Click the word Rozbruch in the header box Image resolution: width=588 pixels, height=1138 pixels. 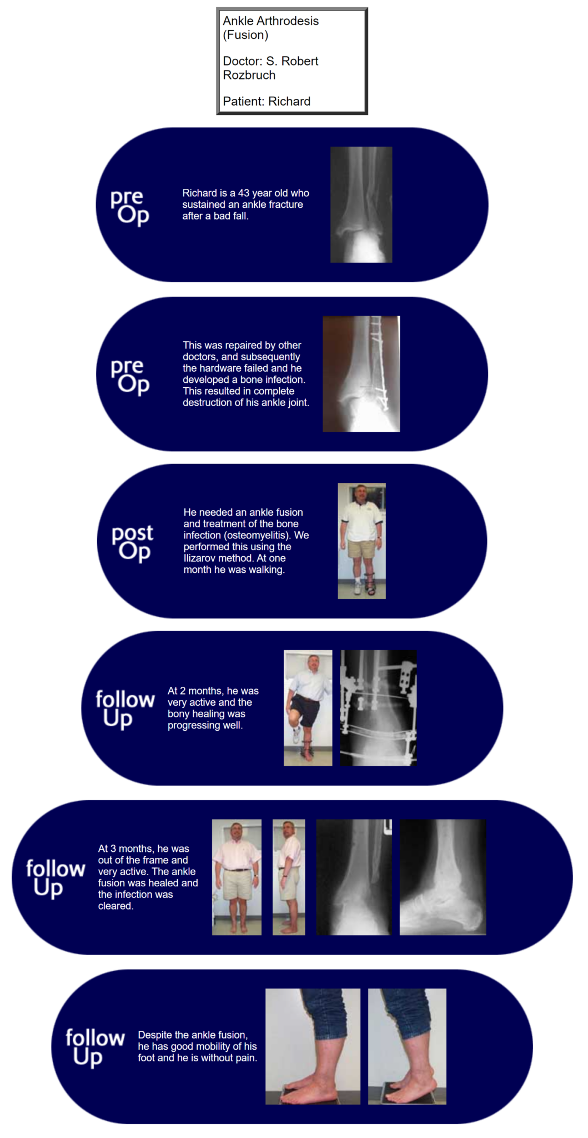tap(249, 75)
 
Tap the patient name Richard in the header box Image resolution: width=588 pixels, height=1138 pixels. tap(289, 101)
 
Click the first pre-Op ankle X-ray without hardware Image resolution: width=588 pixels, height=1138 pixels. tap(361, 204)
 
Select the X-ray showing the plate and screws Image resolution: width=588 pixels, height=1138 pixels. tap(361, 373)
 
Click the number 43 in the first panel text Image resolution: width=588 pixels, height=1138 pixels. tap(244, 193)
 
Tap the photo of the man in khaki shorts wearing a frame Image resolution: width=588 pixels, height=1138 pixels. tap(361, 541)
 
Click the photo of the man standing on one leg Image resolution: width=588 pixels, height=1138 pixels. tap(308, 708)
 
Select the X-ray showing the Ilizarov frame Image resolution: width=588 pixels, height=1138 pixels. tap(378, 708)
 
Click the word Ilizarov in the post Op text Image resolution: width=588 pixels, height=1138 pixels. tap(200, 558)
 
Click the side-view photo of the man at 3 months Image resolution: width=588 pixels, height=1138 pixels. tap(289, 877)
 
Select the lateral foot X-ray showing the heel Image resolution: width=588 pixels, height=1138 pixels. tap(443, 877)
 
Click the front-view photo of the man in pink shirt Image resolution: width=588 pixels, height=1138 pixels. tap(237, 877)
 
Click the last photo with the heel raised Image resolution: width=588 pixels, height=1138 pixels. tap(407, 1046)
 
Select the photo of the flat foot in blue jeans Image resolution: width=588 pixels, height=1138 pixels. tap(313, 1046)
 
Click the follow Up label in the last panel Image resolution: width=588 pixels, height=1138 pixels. tap(95, 1047)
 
